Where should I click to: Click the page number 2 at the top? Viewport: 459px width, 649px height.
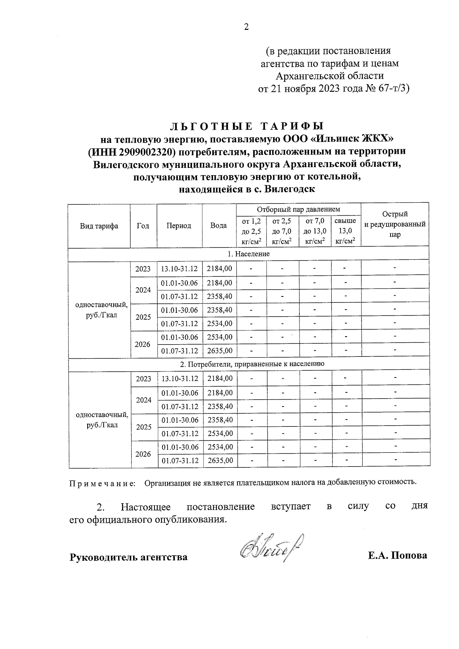246,27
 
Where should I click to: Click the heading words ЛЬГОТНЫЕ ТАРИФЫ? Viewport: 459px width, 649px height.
247,126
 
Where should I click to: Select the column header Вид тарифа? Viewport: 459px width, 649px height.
99,226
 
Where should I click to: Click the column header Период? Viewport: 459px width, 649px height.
179,226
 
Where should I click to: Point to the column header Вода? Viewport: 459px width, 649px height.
218,226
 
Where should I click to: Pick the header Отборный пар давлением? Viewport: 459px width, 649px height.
298,210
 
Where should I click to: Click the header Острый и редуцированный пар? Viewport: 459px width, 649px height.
395,224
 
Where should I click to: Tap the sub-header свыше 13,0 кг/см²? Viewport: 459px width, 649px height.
345,231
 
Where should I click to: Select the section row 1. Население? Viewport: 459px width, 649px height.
249,254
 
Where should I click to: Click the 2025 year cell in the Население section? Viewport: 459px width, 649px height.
143,317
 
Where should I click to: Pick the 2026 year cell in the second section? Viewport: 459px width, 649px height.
143,454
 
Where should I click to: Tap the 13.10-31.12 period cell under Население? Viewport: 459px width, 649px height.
179,269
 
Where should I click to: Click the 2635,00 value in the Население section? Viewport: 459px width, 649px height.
220,350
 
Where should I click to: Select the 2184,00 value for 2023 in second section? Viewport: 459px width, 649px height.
220,379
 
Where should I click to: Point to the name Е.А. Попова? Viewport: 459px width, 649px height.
397,555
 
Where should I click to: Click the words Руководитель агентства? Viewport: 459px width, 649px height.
129,557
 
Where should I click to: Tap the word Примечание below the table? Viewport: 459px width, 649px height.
102,483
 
